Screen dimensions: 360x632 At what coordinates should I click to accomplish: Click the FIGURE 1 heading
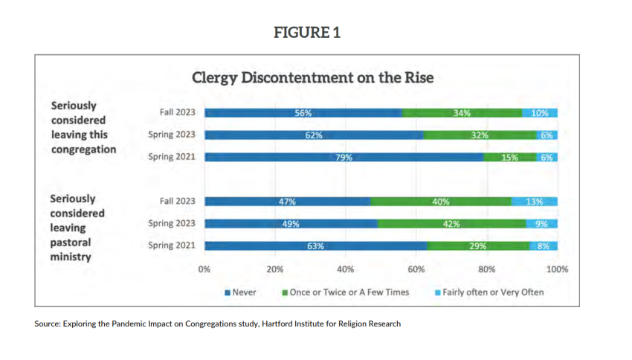tap(307, 33)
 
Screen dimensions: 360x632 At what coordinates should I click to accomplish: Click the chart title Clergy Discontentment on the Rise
tap(312, 77)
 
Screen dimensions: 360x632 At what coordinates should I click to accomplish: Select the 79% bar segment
tap(344, 157)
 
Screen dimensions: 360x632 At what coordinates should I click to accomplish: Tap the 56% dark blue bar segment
tap(303, 113)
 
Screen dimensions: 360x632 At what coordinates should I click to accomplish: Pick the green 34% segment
tap(462, 113)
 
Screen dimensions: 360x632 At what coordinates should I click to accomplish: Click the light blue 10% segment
tap(540, 113)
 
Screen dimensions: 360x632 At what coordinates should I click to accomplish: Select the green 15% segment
tap(510, 157)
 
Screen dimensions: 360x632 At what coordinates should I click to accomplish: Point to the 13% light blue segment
tap(535, 202)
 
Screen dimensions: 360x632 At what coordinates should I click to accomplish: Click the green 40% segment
tap(440, 202)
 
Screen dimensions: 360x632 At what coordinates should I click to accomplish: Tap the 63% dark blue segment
tap(316, 246)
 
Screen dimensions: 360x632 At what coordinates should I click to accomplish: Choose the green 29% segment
tap(478, 246)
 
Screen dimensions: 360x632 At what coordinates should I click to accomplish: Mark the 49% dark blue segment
tap(291, 224)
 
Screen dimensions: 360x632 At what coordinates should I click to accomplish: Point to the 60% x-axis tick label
tap(416, 269)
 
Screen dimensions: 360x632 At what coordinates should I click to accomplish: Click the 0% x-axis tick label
tap(204, 269)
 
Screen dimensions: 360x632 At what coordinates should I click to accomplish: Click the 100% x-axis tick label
tap(557, 269)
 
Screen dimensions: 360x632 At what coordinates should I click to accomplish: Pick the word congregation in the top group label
tap(83, 149)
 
